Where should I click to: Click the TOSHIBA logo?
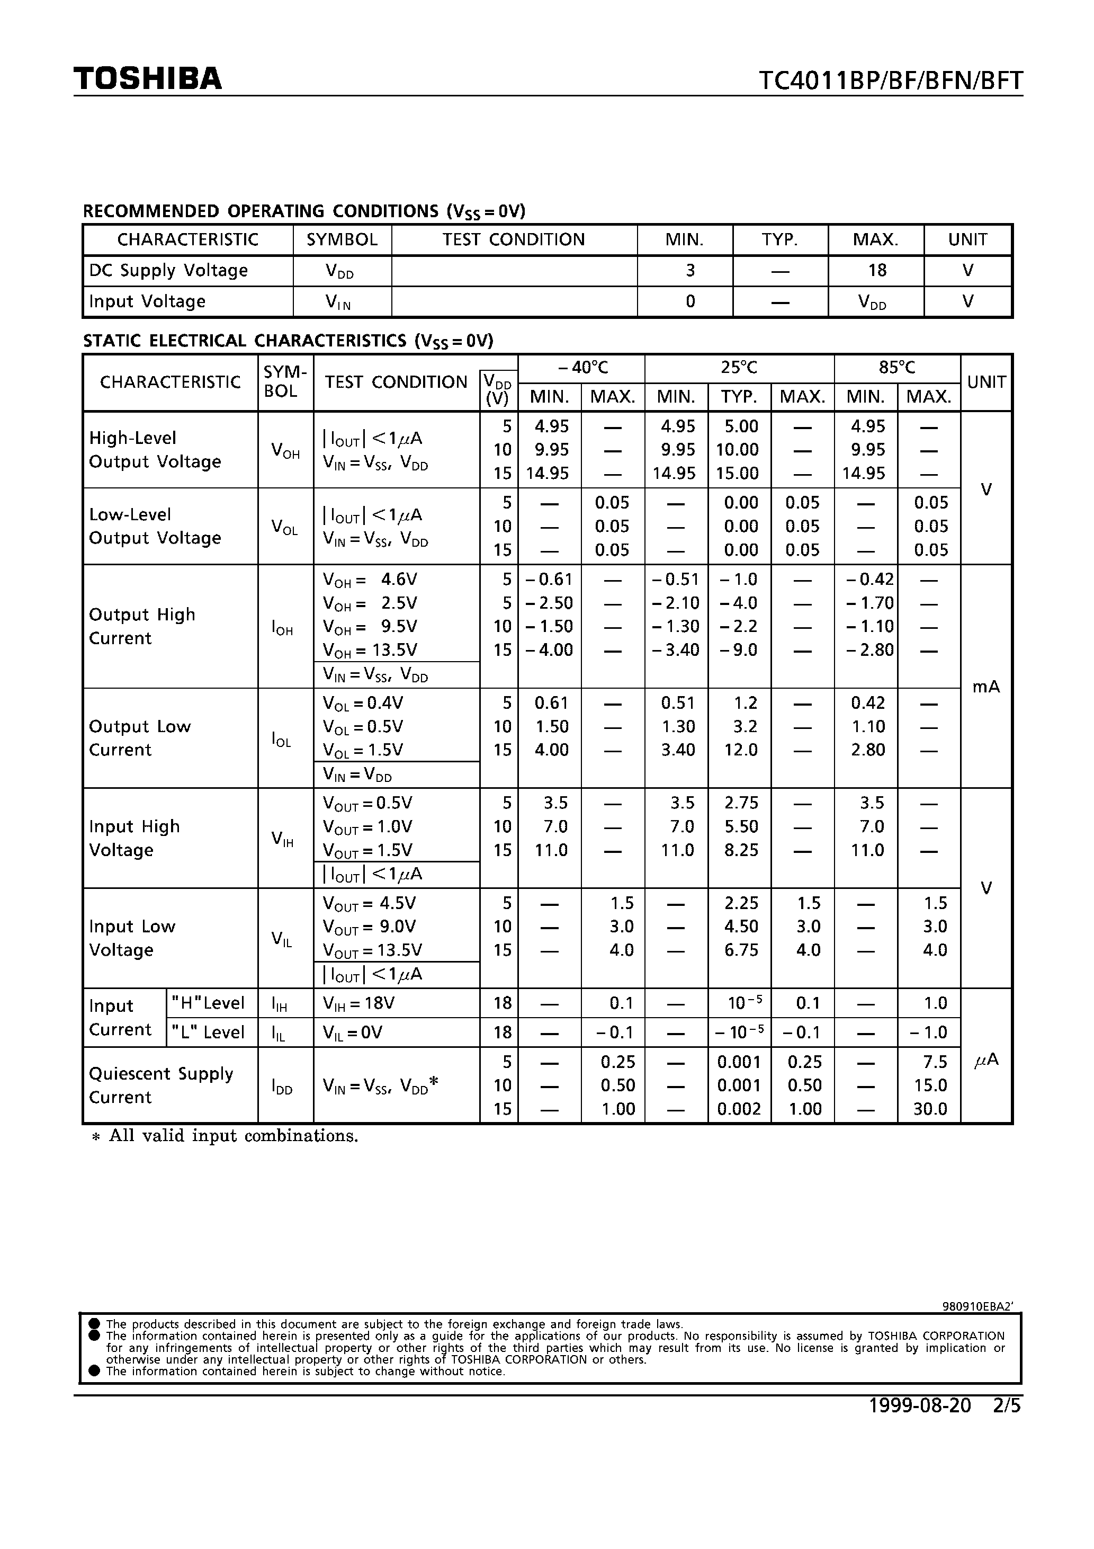click(x=148, y=79)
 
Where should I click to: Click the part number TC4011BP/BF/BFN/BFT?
click(x=890, y=81)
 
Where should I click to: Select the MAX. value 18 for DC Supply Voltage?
click(x=876, y=271)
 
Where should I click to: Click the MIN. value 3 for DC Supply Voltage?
click(x=690, y=271)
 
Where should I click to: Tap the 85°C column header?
click(x=896, y=368)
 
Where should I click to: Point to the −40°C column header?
click(x=582, y=368)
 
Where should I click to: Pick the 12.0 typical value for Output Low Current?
click(x=741, y=750)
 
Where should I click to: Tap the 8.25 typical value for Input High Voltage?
click(x=741, y=850)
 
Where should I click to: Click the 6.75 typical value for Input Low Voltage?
click(x=741, y=950)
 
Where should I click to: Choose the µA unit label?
click(x=986, y=1061)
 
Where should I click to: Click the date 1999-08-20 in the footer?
click(x=920, y=1405)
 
